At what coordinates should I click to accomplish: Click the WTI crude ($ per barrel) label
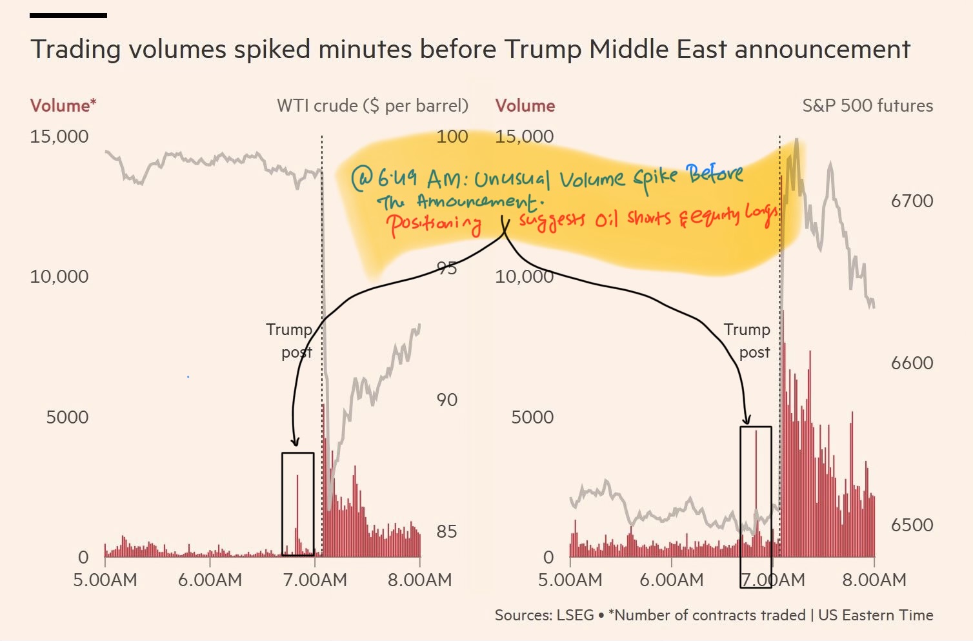(372, 106)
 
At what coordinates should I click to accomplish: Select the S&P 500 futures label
(867, 106)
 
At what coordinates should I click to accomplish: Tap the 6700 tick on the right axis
(912, 201)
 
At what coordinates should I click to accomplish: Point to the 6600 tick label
(912, 363)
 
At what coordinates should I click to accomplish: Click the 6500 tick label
(912, 525)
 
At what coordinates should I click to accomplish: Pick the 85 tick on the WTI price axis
(446, 531)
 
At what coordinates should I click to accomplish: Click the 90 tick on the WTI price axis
(446, 400)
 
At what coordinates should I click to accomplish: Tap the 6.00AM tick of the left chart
(210, 580)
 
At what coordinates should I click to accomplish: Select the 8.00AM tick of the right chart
(874, 580)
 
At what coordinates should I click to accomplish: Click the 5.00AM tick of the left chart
(105, 580)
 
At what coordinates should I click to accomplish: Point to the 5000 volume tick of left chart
(67, 417)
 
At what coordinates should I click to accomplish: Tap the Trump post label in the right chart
(748, 340)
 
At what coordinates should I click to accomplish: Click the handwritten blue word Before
(714, 174)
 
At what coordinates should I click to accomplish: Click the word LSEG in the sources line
(572, 615)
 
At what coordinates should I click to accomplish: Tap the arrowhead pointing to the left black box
(296, 442)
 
